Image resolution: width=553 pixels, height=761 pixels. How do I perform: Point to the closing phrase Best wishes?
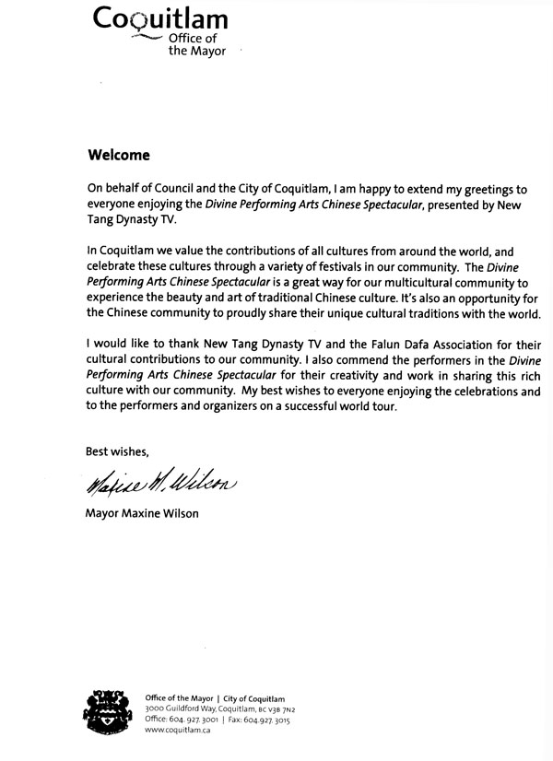tap(116, 451)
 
